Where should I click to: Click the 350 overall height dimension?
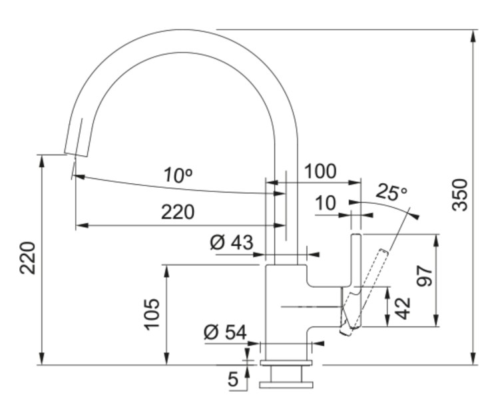459,194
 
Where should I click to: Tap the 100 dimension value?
320,171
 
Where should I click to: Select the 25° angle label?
391,193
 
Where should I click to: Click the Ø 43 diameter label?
232,242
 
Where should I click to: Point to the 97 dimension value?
424,274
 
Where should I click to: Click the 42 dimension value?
402,308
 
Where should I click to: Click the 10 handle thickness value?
326,202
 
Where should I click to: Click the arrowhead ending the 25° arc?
416,216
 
